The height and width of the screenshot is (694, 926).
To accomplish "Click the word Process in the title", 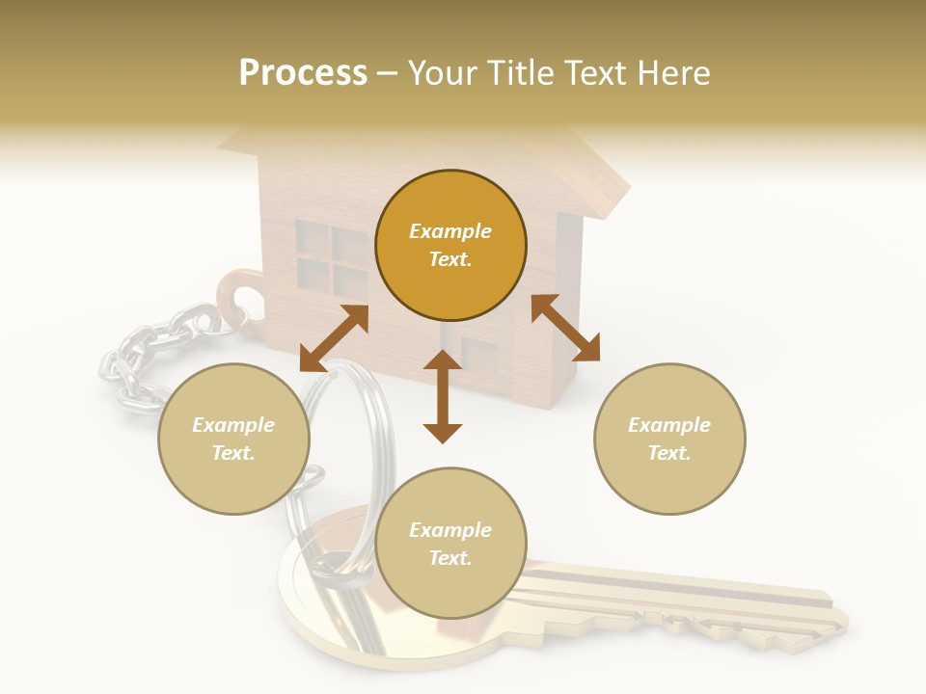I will point(303,73).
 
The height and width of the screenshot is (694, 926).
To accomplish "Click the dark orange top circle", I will point(450,245).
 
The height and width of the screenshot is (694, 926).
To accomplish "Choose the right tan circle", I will point(669,439).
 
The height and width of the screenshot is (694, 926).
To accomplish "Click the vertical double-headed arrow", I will point(443,396).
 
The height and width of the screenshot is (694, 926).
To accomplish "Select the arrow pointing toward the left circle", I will point(334,337).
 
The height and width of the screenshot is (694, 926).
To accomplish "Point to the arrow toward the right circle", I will point(565,328).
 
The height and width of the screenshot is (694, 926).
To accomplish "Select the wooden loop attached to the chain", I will point(237,294).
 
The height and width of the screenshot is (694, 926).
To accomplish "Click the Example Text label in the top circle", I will point(450,245).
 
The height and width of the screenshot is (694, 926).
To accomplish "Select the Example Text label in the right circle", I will point(669,439).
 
